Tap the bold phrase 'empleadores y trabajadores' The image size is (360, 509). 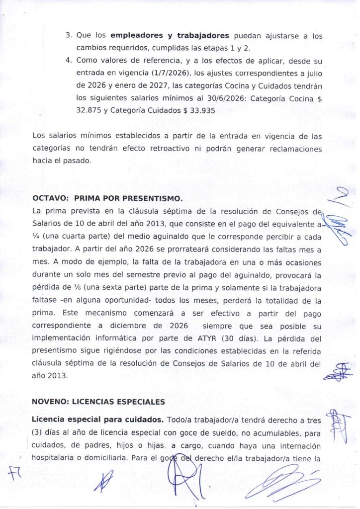[x=170, y=35]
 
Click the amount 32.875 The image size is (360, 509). [x=87, y=111]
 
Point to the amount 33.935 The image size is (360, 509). [x=199, y=111]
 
